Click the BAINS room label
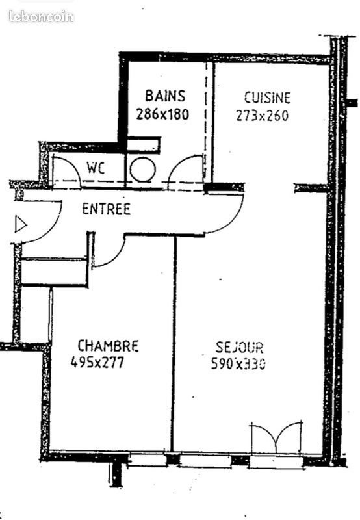pos(165,96)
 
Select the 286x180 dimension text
pos(162,113)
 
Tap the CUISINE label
pos(267,98)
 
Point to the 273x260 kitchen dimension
pos(262,116)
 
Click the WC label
pos(96,167)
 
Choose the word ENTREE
pos(106,209)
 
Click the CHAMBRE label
pos(108,345)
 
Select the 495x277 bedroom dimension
pos(97,362)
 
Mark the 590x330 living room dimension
pos(238,364)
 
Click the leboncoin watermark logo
pos(41,17)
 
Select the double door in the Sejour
pos(276,439)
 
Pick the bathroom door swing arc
pos(185,170)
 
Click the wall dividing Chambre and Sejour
pos(174,344)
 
